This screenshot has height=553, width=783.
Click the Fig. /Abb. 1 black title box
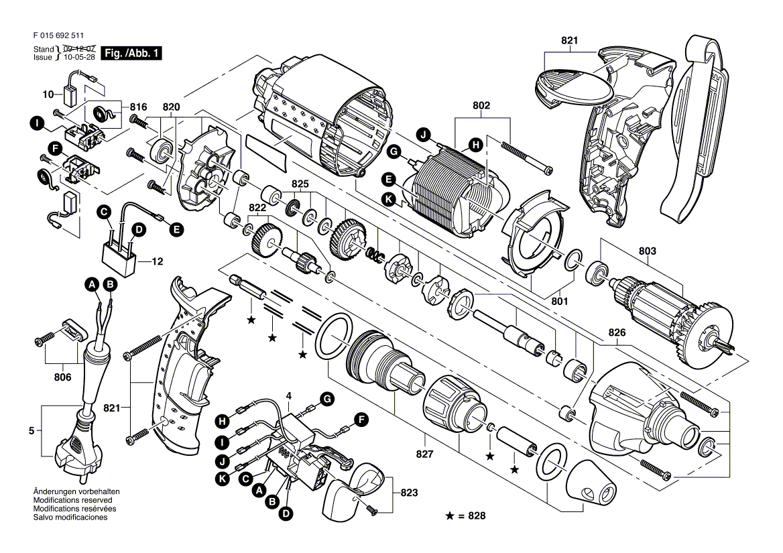click(131, 53)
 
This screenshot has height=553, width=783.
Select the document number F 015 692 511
click(58, 36)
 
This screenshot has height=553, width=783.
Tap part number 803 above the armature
click(647, 251)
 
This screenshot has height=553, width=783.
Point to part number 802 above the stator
click(481, 105)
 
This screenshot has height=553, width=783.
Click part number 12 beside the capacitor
click(158, 261)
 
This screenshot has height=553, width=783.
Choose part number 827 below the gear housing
click(424, 454)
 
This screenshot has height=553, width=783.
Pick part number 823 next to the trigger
click(409, 493)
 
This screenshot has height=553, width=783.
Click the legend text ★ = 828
click(465, 515)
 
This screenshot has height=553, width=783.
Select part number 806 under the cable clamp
click(62, 377)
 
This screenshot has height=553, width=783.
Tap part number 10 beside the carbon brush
click(48, 94)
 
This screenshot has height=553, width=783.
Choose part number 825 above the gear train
click(300, 184)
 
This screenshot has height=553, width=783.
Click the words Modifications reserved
click(73, 500)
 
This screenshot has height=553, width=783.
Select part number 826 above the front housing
click(617, 332)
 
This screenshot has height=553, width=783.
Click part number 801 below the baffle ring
click(560, 302)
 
